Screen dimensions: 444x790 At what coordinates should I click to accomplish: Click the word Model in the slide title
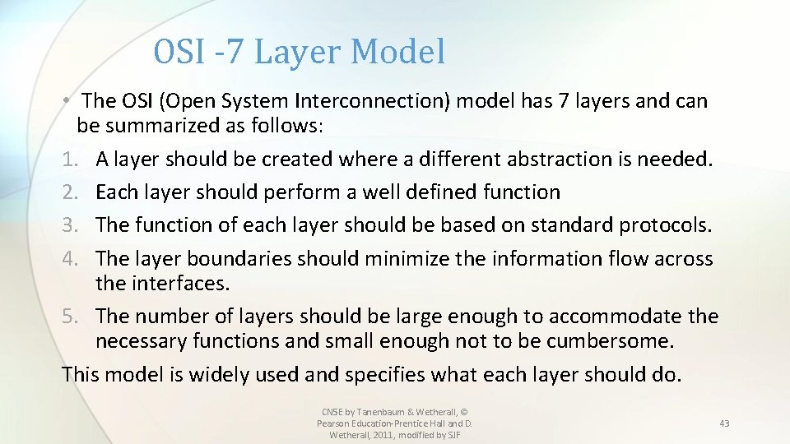click(397, 52)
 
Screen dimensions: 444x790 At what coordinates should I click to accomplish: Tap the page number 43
click(724, 423)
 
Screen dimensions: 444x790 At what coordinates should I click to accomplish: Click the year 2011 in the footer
click(382, 434)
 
